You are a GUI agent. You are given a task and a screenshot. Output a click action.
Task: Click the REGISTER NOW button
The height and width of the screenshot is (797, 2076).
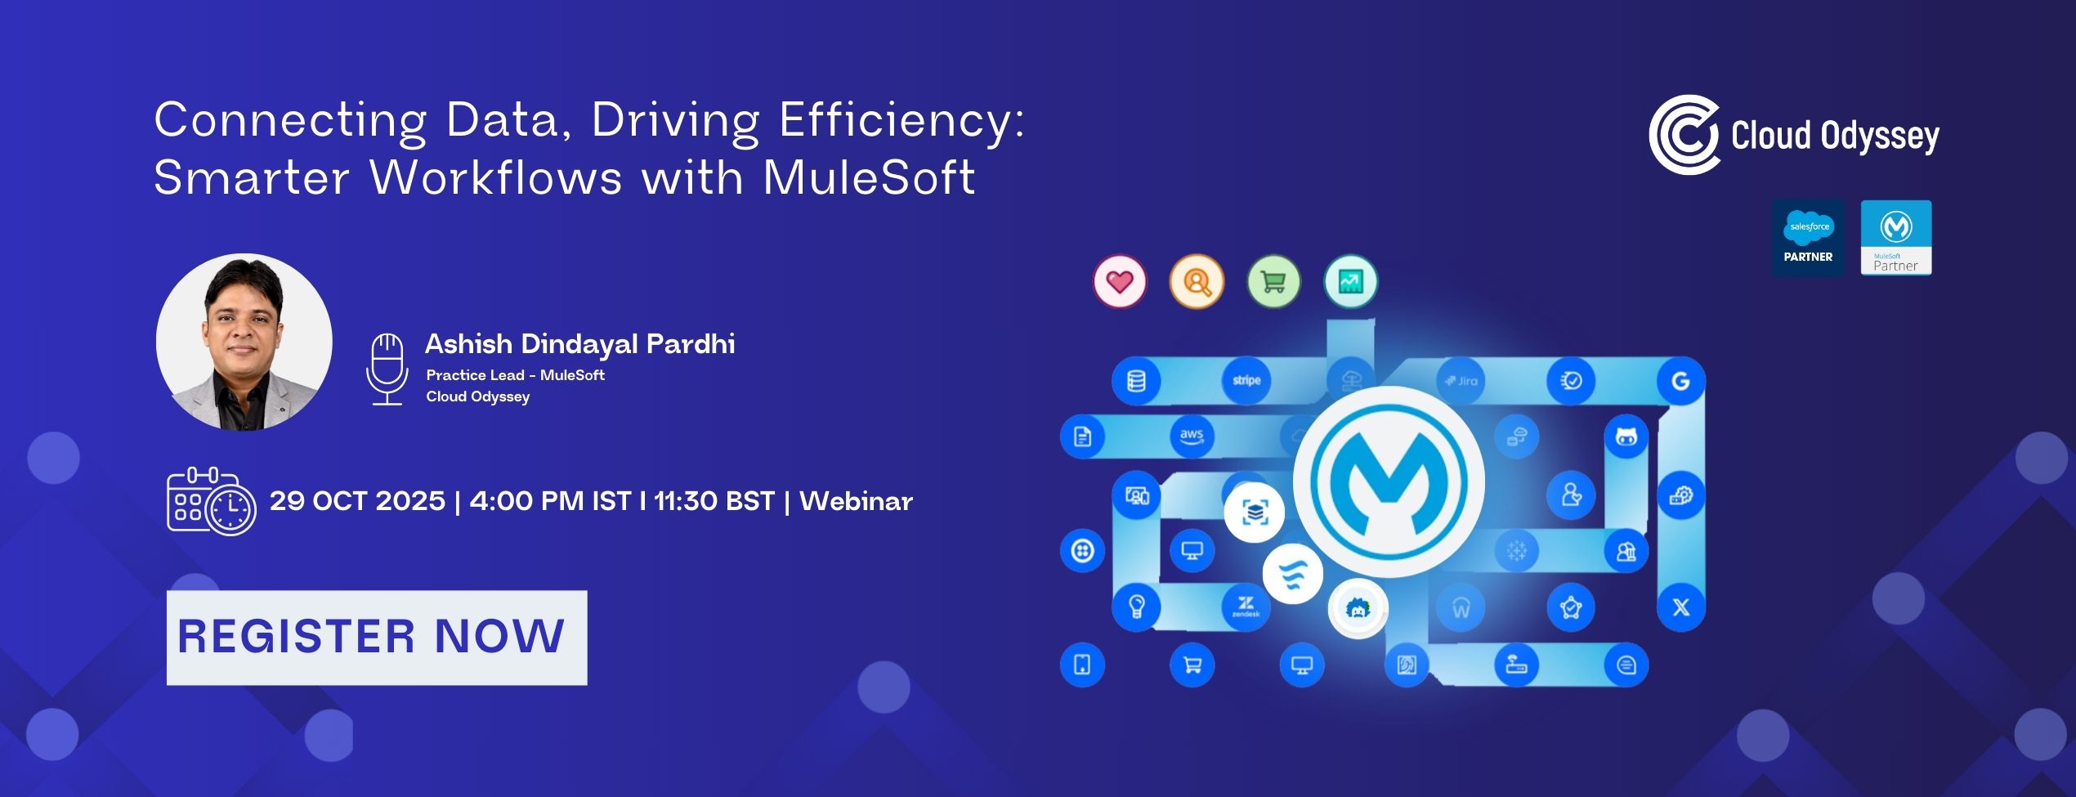click(377, 638)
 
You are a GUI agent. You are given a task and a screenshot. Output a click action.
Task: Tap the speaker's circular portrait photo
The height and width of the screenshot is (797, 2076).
click(244, 342)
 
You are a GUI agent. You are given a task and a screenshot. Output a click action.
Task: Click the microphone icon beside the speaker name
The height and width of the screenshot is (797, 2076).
click(387, 369)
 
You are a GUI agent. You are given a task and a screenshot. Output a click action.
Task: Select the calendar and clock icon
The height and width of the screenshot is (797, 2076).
click(211, 501)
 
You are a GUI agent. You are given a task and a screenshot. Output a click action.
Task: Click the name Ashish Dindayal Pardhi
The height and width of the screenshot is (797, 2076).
click(580, 344)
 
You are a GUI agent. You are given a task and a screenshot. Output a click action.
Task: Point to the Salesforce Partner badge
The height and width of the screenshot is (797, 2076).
click(1808, 237)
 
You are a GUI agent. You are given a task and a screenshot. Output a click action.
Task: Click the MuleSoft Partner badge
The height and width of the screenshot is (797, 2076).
click(1896, 237)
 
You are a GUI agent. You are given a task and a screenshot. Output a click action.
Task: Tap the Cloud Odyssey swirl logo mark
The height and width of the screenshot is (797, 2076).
click(1684, 135)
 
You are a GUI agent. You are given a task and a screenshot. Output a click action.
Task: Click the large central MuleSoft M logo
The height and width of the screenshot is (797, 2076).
click(1389, 482)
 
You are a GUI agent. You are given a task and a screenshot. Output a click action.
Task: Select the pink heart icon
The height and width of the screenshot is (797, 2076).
click(1120, 282)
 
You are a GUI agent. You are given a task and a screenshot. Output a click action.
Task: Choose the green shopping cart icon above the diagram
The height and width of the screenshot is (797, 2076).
click(1273, 282)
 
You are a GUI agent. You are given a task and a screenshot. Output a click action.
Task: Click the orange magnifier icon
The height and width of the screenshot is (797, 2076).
click(1197, 282)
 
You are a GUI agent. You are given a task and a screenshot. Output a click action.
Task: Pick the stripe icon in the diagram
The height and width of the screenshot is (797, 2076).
click(1246, 381)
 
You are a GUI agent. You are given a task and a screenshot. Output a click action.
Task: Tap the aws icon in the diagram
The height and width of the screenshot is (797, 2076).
click(1192, 436)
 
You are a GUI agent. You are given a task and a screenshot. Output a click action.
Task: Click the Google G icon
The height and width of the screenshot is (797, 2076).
click(1680, 381)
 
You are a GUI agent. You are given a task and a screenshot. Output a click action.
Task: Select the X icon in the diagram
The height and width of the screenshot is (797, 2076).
click(1680, 607)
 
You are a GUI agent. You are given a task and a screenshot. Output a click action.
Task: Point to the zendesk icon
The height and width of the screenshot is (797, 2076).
click(1246, 607)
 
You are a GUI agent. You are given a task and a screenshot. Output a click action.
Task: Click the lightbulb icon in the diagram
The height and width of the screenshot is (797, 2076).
click(1136, 607)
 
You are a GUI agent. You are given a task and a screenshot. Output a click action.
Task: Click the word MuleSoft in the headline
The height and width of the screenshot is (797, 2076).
click(869, 177)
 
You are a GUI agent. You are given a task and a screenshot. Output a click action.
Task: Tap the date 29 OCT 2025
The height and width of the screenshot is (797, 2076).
click(357, 501)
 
